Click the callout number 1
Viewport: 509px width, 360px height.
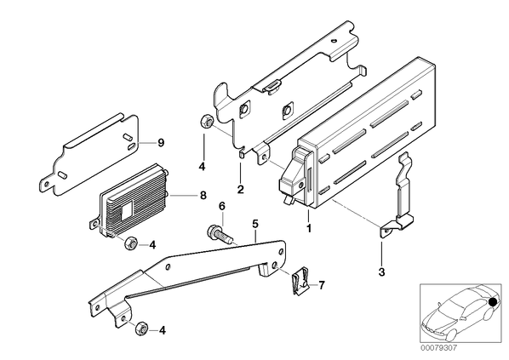(309, 228)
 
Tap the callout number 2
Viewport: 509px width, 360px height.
(240, 189)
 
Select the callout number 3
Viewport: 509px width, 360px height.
(381, 271)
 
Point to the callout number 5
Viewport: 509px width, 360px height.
(255, 224)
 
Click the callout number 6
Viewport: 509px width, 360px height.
(222, 206)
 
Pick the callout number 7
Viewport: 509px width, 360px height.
(322, 285)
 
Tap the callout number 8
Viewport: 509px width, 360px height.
(203, 196)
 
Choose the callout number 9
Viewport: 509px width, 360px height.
(161, 142)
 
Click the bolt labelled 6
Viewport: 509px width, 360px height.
(219, 234)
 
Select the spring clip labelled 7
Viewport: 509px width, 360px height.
(300, 281)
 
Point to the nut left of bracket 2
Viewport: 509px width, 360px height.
(207, 122)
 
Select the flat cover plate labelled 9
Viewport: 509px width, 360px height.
(90, 155)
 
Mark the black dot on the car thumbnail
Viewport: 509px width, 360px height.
(493, 302)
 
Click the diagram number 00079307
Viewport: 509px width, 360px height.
(438, 348)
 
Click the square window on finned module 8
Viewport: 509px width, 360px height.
(128, 209)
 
